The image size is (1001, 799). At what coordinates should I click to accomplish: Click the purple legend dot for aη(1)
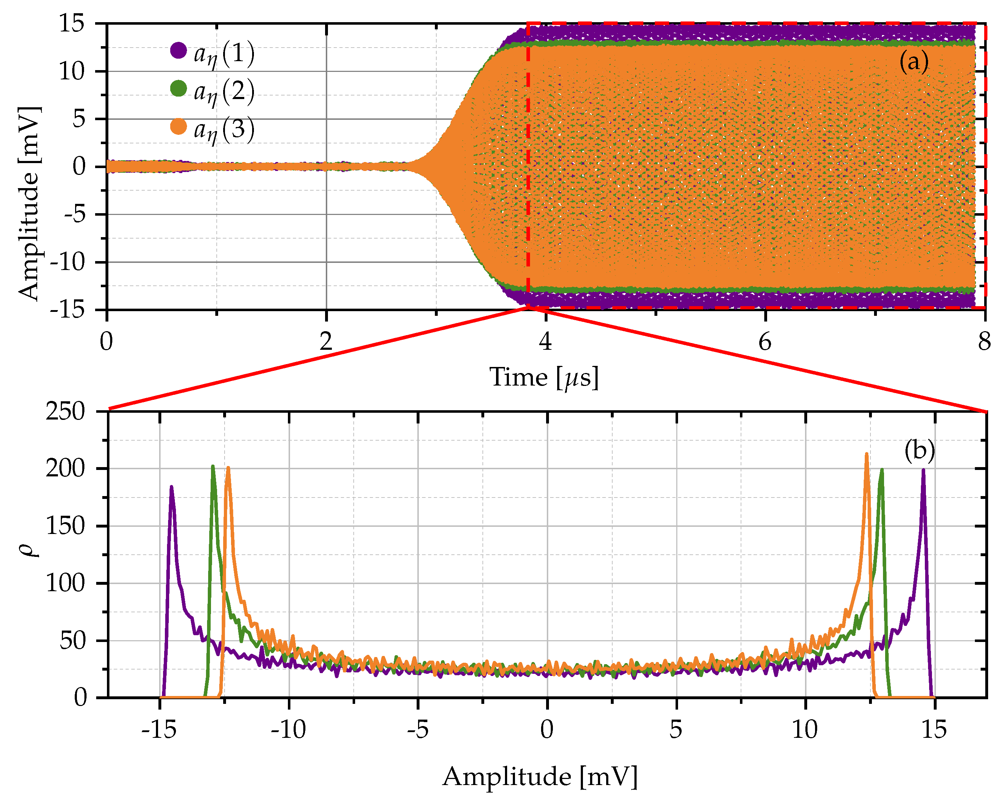178,50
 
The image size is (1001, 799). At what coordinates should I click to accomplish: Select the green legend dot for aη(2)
178,88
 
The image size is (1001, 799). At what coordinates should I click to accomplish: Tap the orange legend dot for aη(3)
178,126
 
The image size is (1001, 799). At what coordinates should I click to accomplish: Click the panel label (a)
913,61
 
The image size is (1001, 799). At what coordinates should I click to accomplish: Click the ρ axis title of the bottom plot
29,550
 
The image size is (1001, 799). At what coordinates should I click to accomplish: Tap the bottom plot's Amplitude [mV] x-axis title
540,776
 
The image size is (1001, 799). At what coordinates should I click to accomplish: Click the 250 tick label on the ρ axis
65,411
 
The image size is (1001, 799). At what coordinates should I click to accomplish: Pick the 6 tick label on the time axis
764,342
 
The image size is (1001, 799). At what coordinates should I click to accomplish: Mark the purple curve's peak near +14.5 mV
923,470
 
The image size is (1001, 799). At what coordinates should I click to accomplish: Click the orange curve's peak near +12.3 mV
867,455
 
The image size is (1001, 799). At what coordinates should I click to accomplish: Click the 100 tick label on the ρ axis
65,583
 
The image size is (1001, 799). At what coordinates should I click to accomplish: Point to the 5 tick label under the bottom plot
676,729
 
